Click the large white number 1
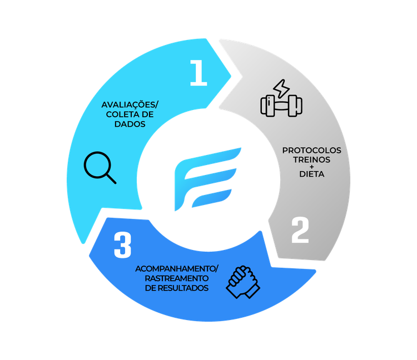click(198, 73)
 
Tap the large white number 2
click(300, 230)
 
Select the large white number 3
click(123, 245)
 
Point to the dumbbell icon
click(281, 106)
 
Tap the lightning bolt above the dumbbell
click(281, 88)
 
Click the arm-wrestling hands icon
click(243, 282)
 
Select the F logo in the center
click(208, 179)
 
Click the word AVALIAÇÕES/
click(130, 104)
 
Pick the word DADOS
click(130, 124)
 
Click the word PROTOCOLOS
click(312, 151)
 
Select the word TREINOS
click(312, 159)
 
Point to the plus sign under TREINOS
click(312, 167)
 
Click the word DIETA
click(312, 174)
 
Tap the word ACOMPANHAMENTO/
click(177, 269)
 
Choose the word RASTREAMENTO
click(177, 278)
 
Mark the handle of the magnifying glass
click(112, 179)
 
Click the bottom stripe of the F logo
click(212, 198)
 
